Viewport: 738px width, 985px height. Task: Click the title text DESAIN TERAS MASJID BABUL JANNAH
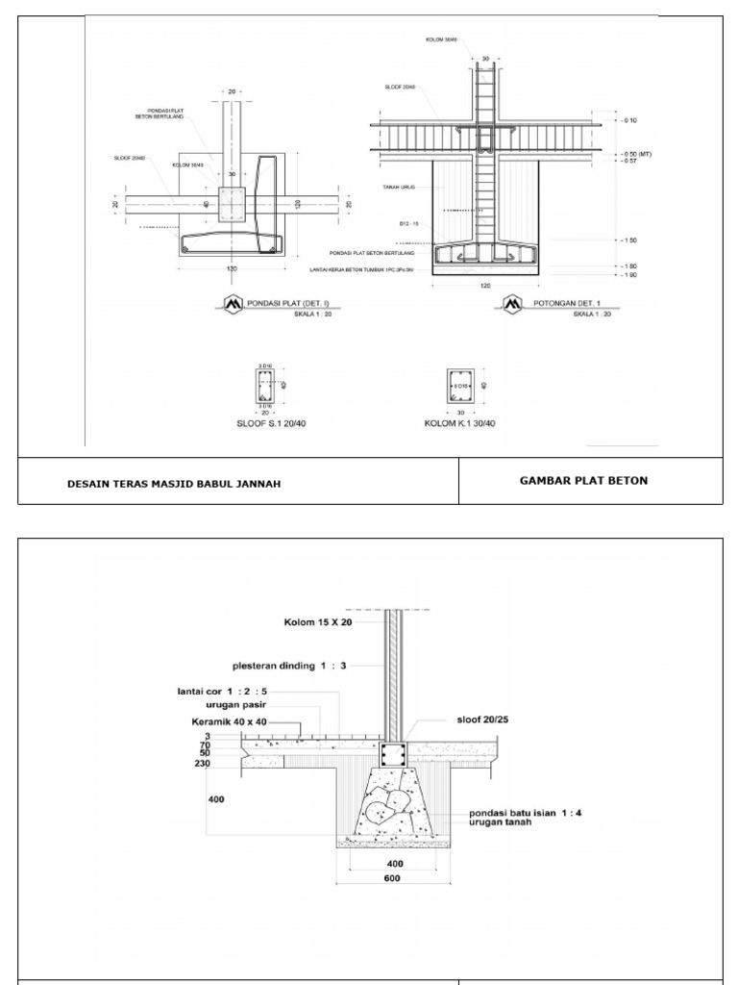174,484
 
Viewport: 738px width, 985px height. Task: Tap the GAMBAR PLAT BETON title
583,480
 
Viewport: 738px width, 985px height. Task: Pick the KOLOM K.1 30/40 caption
460,422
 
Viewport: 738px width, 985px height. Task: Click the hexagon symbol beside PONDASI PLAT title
233,304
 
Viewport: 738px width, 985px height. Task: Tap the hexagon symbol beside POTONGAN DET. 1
507,304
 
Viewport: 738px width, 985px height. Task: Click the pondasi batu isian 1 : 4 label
526,813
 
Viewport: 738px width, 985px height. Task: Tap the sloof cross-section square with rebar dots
392,754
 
